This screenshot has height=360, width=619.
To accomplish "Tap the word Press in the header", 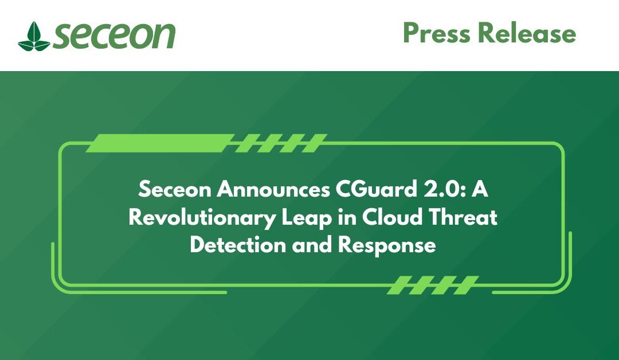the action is pyautogui.click(x=437, y=33).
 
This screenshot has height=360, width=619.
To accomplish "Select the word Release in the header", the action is pyautogui.click(x=527, y=33).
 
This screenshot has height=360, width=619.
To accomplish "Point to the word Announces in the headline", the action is pyautogui.click(x=273, y=190).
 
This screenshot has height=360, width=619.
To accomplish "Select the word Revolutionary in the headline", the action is pyautogui.click(x=201, y=218).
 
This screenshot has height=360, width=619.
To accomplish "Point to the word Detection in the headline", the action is pyautogui.click(x=238, y=245).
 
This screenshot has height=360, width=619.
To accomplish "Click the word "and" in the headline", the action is pyautogui.click(x=312, y=245).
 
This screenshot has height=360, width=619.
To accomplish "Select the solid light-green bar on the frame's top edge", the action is pyautogui.click(x=160, y=143).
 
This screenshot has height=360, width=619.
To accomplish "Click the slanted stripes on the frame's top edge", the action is pyautogui.click(x=281, y=143).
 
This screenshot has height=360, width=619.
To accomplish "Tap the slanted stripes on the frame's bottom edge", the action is pyautogui.click(x=433, y=285).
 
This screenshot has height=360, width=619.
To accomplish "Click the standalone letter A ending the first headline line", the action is pyautogui.click(x=480, y=190).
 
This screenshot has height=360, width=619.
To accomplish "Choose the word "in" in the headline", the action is pyautogui.click(x=347, y=217).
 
